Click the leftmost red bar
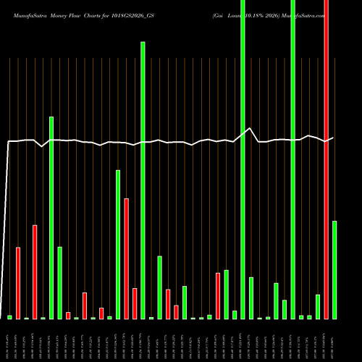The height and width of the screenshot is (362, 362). pos(18,283)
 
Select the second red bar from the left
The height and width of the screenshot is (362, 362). pos(35,272)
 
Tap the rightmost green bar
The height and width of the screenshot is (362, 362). pos(334,270)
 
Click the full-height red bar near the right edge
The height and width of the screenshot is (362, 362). pos(326,159)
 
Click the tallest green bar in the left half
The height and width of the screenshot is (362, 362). pos(143,180)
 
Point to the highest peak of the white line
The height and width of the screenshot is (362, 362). pos(250,128)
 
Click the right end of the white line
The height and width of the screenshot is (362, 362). pos(334,138)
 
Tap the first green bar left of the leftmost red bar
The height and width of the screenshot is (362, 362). pos(9,317)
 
